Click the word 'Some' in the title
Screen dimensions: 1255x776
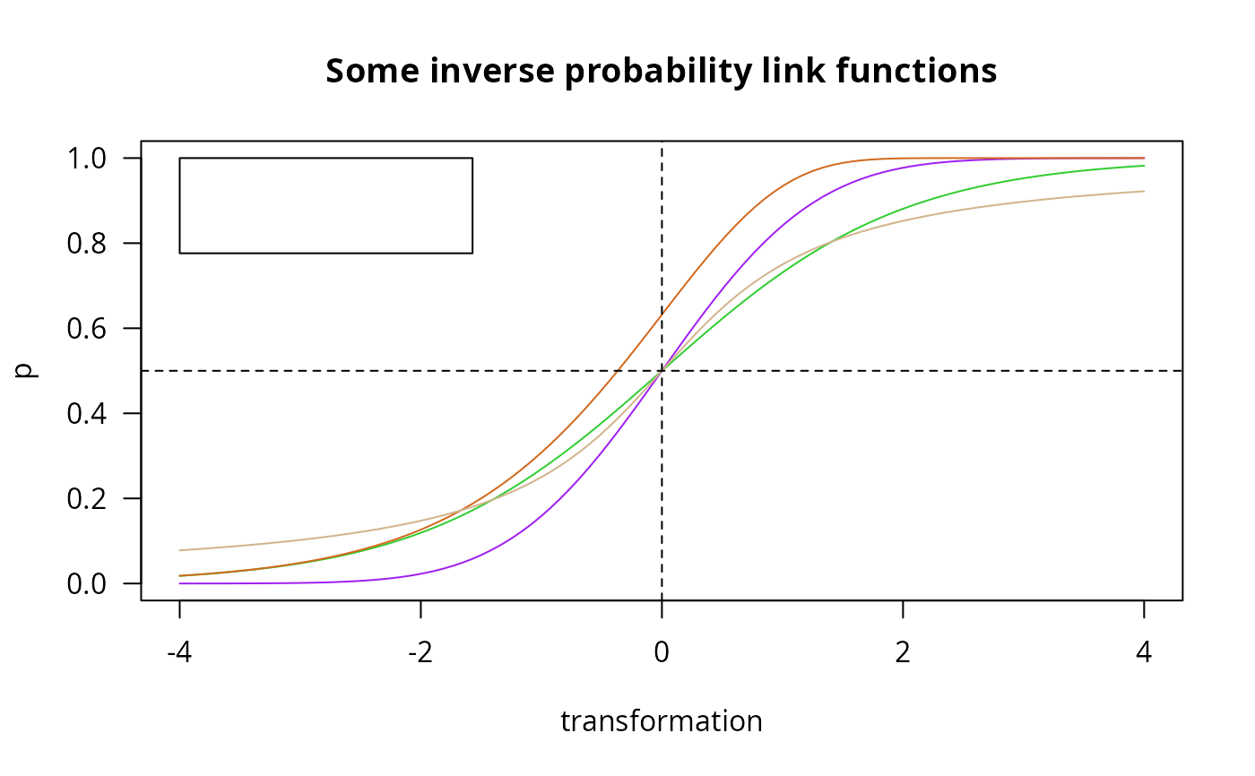tap(373, 71)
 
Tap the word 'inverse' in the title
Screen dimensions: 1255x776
tap(492, 71)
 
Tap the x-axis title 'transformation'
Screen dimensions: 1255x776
tap(662, 721)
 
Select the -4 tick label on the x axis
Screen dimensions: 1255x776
tap(179, 652)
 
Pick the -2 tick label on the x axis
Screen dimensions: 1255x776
tap(420, 652)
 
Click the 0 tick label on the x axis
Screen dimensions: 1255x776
tap(662, 652)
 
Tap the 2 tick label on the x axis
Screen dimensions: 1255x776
tap(903, 652)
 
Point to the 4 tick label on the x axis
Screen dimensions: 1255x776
tap(1144, 652)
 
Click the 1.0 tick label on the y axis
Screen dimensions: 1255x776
tap(86, 159)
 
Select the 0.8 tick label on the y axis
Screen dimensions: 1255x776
tap(86, 244)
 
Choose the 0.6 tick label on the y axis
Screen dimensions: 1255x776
tap(86, 329)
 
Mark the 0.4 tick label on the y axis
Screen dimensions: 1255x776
tap(86, 414)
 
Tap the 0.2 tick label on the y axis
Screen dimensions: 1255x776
tap(86, 499)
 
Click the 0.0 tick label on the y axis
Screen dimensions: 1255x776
tap(86, 584)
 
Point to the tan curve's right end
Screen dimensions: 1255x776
tap(1144, 192)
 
